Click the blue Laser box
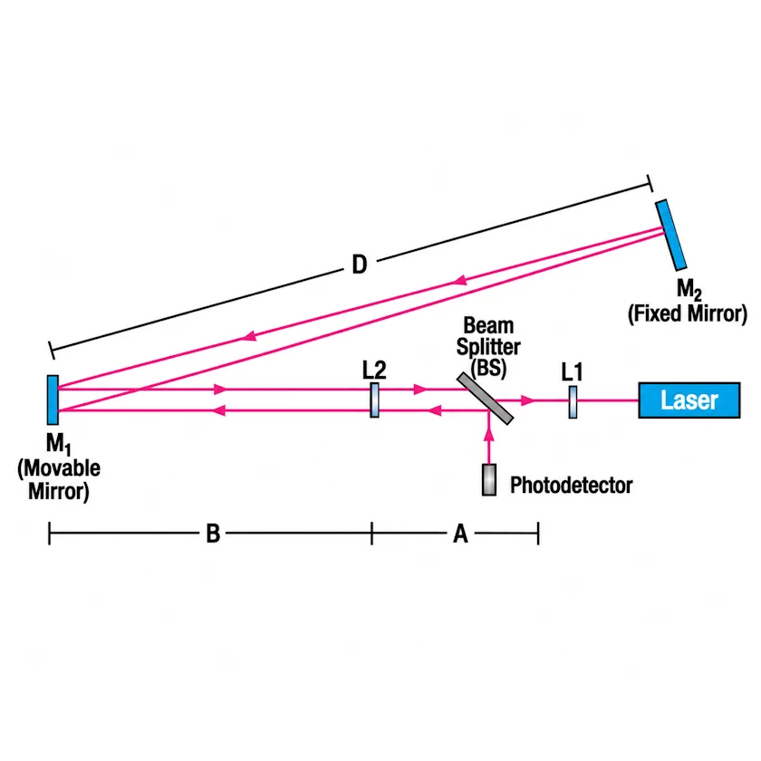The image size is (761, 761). point(689,400)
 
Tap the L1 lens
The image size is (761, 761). point(573,402)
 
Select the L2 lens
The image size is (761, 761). point(375,400)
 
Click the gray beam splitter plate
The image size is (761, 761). point(485,399)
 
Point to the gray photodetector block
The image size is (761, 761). point(489,480)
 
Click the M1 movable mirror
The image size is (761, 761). point(53,400)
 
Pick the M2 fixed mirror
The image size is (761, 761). point(670,235)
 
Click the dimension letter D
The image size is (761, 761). point(359,265)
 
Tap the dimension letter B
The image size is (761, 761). point(213,534)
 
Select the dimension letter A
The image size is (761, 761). point(460,534)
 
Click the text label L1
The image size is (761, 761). point(572,372)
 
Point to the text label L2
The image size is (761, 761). point(374,371)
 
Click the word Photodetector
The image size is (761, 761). point(572,486)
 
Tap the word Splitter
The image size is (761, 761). point(488,347)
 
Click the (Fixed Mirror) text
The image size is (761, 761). point(688,314)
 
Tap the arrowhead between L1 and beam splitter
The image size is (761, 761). point(527,400)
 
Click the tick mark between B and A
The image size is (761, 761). point(371,534)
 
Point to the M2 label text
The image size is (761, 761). point(689,290)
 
